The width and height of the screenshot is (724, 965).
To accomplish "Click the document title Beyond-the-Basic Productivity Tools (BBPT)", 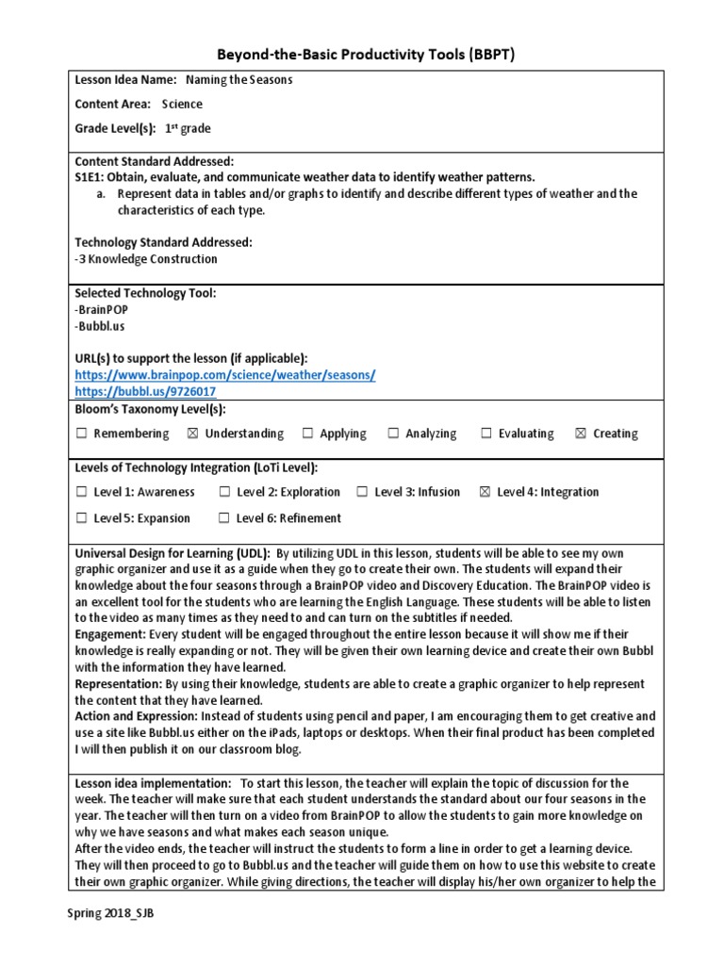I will pyautogui.click(x=362, y=55).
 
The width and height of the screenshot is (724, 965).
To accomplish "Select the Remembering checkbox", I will pyautogui.click(x=81, y=433).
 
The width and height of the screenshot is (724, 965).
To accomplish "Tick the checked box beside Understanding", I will pyautogui.click(x=192, y=433).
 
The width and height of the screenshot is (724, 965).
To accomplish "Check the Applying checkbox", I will pyautogui.click(x=307, y=433).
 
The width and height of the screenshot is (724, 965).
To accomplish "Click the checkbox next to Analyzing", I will pyautogui.click(x=393, y=433).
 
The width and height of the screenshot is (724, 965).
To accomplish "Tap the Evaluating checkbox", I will pyautogui.click(x=486, y=433).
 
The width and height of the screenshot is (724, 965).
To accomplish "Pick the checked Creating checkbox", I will pyautogui.click(x=580, y=433).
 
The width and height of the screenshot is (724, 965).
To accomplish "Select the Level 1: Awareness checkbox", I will pyautogui.click(x=81, y=492).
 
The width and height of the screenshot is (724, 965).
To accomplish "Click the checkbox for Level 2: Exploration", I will pyautogui.click(x=224, y=492).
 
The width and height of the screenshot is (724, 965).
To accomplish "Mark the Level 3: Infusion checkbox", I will pyautogui.click(x=362, y=492).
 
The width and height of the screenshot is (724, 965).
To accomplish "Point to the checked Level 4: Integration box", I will pyautogui.click(x=485, y=492).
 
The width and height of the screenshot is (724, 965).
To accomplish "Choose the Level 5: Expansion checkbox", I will pyautogui.click(x=81, y=518).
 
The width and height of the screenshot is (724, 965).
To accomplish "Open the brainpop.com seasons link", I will pyautogui.click(x=225, y=375).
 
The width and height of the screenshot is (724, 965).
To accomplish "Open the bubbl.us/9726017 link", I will pyautogui.click(x=145, y=391).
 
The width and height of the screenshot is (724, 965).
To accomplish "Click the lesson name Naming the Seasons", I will pyautogui.click(x=239, y=80).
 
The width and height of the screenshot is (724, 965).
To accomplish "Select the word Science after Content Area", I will pyautogui.click(x=182, y=105).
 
